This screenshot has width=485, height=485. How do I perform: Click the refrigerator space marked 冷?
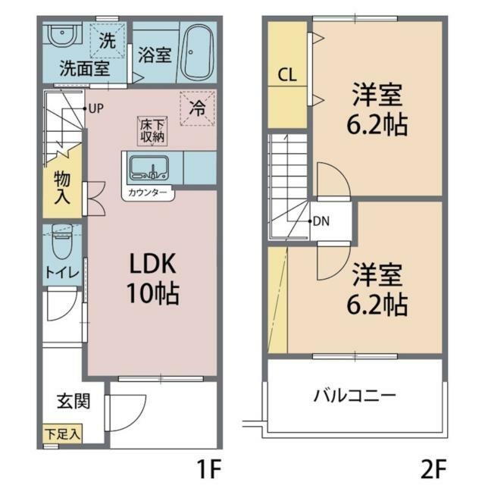click(196, 108)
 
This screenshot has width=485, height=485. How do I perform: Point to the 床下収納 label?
click(152, 130)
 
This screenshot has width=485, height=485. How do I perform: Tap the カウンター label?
click(149, 193)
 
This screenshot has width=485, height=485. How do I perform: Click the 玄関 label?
click(74, 400)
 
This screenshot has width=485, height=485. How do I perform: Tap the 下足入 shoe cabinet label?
click(62, 435)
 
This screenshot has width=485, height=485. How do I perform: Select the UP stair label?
click(95, 108)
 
